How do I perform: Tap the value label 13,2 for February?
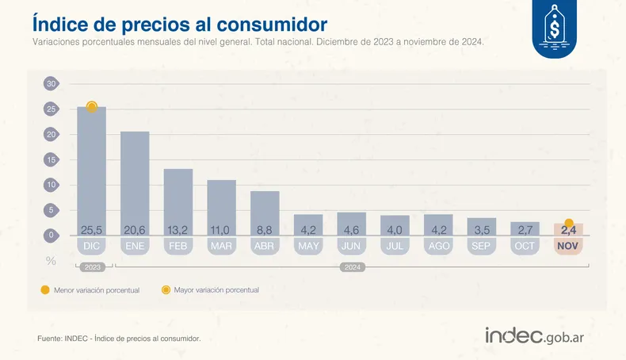pos(178,230)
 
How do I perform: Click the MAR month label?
pos(221,247)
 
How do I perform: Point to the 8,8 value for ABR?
pos(265,230)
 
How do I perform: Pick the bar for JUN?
pos(351,222)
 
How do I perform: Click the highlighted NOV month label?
pos(568,247)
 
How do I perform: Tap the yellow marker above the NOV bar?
pos(569,224)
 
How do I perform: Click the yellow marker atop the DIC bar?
pos(92,106)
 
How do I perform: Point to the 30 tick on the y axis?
pos(50,83)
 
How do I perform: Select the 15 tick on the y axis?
pos(50,159)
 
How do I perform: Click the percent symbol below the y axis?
pos(51,260)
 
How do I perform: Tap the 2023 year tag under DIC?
pos(91,268)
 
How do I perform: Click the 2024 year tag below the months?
pos(352,268)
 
